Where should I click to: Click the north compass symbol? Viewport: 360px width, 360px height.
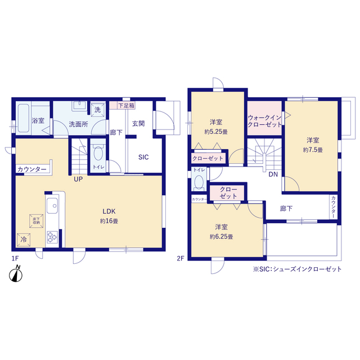[x=16, y=274]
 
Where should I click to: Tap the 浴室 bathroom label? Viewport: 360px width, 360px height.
[x=38, y=120]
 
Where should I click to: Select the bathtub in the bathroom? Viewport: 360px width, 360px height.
[x=24, y=118]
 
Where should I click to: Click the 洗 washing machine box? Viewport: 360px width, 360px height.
[x=97, y=110]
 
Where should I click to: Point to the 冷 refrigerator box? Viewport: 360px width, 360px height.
[x=24, y=240]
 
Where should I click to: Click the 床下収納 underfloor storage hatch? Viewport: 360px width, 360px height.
[x=36, y=221]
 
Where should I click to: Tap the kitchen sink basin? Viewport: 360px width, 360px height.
[x=52, y=205]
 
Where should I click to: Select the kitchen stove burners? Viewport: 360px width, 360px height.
[x=52, y=237]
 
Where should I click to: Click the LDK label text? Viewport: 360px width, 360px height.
[x=109, y=211]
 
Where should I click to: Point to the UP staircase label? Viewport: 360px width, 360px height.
[x=78, y=179]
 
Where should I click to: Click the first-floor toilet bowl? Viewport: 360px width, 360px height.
[x=98, y=153]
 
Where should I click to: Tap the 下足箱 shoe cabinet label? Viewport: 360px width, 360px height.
[x=126, y=106]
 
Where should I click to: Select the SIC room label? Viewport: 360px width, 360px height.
[x=143, y=157]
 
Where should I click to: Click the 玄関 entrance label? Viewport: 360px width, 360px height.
[x=138, y=124]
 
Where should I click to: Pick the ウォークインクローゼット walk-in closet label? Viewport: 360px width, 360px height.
[x=264, y=121]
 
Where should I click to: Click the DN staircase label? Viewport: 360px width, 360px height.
[x=273, y=174]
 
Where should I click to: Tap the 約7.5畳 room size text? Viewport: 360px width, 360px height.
[x=313, y=150]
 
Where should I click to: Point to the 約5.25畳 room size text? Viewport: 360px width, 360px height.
[x=216, y=132]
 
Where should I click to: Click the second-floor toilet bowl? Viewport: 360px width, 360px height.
[x=199, y=182]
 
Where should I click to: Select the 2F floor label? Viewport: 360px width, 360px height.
[x=181, y=259]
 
